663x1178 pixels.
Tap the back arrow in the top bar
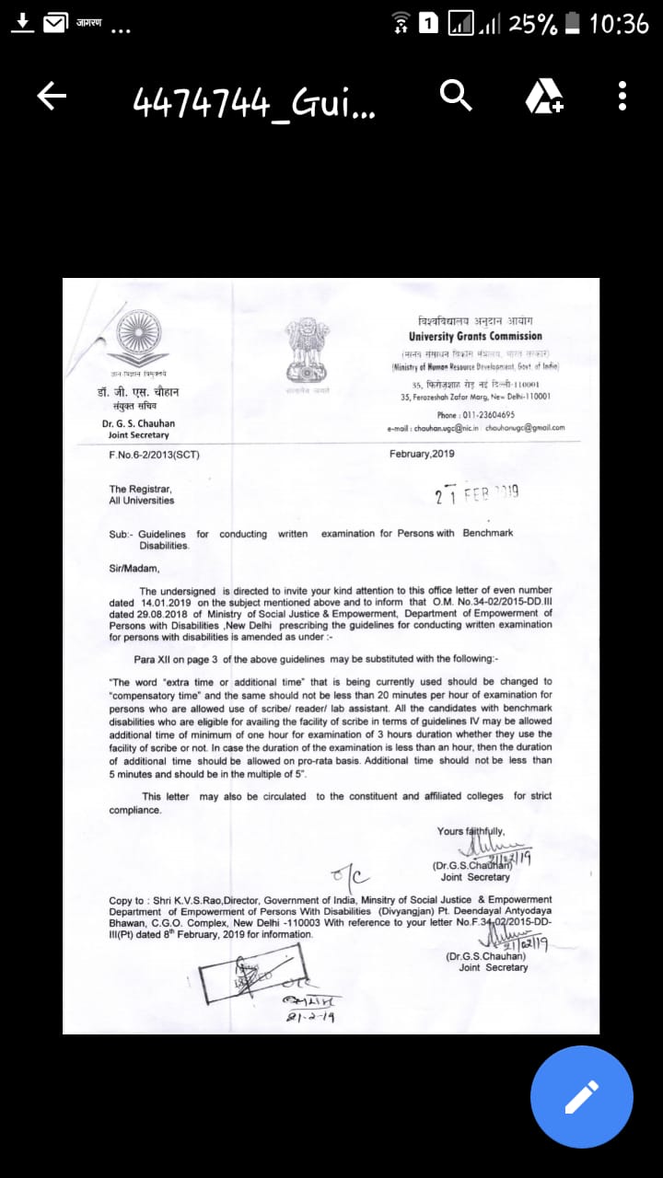[52, 96]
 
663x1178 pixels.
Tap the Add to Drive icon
[544, 95]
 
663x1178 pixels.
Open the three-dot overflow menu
[622, 95]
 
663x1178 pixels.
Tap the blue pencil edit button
[581, 1096]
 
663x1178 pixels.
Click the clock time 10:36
[619, 25]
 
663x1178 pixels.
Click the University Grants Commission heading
[475, 337]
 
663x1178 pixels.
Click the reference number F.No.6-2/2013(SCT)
[154, 455]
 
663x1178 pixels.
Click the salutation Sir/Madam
[134, 569]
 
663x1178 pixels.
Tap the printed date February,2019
[422, 455]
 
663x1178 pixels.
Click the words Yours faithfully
[471, 831]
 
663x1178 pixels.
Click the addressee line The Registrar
[140, 489]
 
